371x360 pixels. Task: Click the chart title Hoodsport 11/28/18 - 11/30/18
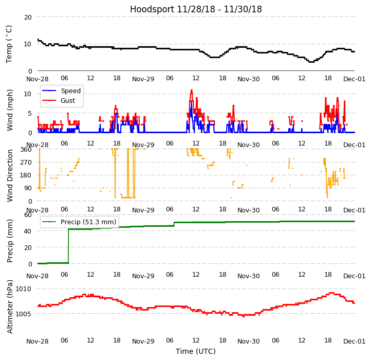(196, 9)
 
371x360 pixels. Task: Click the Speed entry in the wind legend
(70, 91)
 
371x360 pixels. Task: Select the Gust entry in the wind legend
(69, 101)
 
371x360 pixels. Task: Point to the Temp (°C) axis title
(9, 44)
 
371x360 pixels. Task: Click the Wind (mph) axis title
(10, 110)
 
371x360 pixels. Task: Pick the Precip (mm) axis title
(10, 239)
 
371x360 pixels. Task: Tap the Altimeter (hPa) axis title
(10, 307)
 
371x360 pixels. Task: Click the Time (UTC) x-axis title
(196, 351)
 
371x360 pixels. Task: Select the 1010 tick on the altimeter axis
(24, 289)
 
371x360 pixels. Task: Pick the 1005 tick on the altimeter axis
(24, 313)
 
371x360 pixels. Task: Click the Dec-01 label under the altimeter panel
(355, 341)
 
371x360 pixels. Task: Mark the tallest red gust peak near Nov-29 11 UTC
(192, 91)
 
